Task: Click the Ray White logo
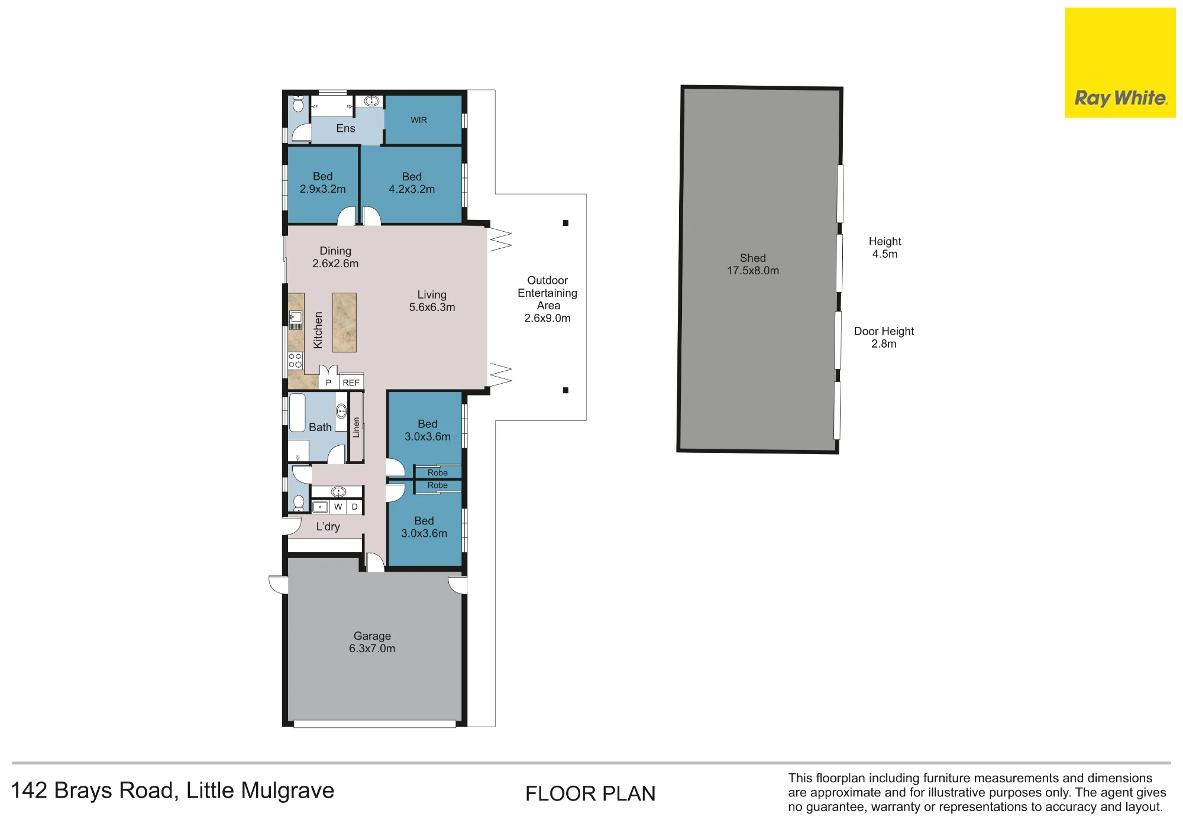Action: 1120,63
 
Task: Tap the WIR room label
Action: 419,120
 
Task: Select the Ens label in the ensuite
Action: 345,128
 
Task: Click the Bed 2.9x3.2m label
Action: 322,183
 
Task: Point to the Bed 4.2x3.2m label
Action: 412,183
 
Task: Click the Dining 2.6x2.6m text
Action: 335,257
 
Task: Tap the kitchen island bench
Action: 344,322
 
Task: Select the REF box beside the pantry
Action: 351,383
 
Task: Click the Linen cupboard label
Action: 356,427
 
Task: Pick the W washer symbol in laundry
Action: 338,507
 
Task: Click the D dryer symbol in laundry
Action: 354,507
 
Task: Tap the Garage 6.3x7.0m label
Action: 372,642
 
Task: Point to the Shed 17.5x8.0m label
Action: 753,264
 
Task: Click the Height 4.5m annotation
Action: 885,248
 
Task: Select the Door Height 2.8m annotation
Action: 884,338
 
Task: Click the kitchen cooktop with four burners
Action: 295,361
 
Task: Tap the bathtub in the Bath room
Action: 297,413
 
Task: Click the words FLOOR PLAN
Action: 590,793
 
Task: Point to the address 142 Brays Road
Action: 95,790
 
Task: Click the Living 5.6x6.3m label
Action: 432,301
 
